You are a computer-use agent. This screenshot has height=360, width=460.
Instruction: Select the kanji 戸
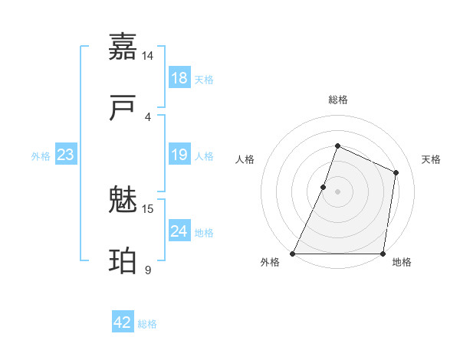tap(123, 109)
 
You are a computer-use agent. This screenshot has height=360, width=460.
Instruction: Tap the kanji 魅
tap(123, 201)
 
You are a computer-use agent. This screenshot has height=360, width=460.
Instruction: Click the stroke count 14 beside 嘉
tap(148, 56)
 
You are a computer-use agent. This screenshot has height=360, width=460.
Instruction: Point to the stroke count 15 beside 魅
tap(148, 208)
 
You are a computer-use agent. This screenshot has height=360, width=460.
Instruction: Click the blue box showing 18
tap(179, 78)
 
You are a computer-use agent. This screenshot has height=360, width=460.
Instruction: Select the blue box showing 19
tap(179, 155)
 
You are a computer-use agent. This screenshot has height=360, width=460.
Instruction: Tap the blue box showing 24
tap(179, 231)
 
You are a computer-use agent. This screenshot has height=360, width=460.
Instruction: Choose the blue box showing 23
tap(65, 155)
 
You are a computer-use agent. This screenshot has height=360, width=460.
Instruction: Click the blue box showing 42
tap(123, 322)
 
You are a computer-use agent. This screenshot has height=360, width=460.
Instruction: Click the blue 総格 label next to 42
tap(147, 324)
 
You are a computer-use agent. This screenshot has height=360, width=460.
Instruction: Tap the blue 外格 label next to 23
tap(41, 156)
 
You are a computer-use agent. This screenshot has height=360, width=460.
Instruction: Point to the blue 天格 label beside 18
tap(204, 80)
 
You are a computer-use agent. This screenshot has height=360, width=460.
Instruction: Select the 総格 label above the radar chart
tap(337, 100)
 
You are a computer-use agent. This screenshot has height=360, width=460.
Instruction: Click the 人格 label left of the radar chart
tap(245, 159)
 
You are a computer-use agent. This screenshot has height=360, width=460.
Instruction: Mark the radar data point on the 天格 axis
tap(396, 172)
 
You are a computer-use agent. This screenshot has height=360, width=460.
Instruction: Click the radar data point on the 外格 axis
tap(293, 254)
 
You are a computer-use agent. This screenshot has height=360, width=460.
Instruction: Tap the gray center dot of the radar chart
tap(337, 191)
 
